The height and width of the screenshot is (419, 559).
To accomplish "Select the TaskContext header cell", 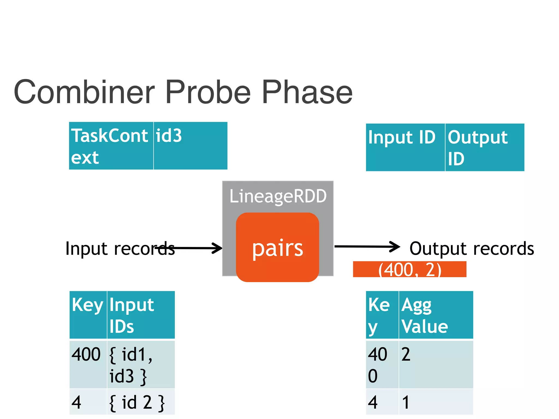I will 111,146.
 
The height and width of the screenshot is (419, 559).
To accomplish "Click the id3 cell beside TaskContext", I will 190,146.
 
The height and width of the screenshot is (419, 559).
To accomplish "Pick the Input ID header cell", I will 405,147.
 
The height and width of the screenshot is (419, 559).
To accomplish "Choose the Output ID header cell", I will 484,147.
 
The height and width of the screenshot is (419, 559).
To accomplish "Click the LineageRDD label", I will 278,196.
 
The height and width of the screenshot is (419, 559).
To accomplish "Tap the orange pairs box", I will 277,247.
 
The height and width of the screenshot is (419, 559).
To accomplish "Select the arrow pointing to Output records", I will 367,247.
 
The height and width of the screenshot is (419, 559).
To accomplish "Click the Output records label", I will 472,249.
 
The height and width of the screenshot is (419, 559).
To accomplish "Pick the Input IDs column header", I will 141,315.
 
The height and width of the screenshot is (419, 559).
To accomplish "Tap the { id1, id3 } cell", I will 141,364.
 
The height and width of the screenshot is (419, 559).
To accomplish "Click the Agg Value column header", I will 436,315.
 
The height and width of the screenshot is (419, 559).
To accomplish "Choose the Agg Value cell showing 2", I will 436,364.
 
